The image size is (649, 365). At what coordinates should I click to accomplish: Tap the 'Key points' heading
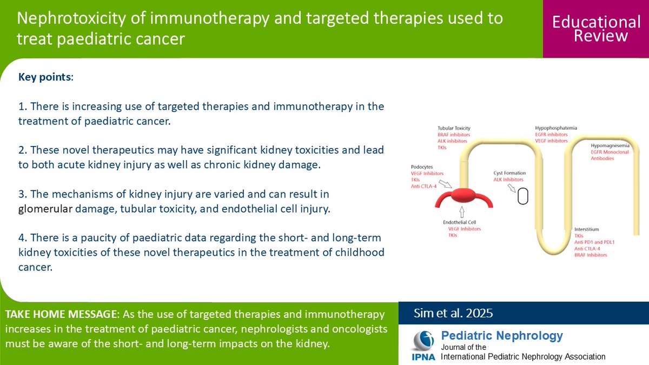point(44,77)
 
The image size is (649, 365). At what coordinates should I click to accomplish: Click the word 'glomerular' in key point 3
point(45,209)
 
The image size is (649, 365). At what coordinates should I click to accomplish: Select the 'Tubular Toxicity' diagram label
point(454,128)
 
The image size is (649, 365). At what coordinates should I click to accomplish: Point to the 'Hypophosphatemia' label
point(556,128)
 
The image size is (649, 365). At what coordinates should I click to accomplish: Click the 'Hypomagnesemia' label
point(610,145)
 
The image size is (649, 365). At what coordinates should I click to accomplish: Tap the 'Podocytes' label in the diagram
point(421,167)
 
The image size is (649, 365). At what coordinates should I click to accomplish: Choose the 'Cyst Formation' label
point(509,173)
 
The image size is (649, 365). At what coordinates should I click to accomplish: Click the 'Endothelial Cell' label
point(460,222)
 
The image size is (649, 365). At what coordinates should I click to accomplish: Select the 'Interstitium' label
point(586,229)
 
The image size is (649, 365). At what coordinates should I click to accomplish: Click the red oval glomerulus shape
point(463,196)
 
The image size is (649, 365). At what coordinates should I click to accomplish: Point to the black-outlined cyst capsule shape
point(523,196)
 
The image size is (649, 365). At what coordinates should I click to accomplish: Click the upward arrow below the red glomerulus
point(462,212)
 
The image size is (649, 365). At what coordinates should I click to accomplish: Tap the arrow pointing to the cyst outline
point(512,188)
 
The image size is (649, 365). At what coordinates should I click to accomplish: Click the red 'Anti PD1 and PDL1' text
point(594,242)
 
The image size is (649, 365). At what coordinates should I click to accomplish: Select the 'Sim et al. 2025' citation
point(453,313)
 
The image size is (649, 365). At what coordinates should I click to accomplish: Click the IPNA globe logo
point(423,341)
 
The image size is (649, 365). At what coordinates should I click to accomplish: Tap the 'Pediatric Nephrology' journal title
point(502,335)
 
